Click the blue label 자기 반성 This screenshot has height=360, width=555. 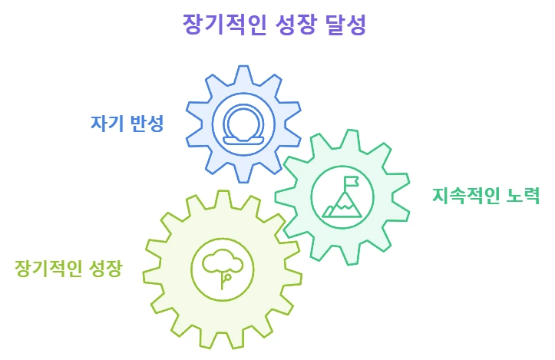[x=127, y=123]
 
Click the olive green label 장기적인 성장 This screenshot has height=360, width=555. [x=68, y=269]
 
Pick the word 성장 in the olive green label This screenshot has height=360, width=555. [x=104, y=269]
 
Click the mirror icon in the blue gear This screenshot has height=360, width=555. [x=243, y=124]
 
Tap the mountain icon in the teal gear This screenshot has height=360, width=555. [x=342, y=198]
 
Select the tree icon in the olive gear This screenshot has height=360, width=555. [x=223, y=269]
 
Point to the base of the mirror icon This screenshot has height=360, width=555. [x=243, y=140]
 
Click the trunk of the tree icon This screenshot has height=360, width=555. [x=223, y=281]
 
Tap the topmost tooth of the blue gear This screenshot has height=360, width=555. [x=243, y=73]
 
